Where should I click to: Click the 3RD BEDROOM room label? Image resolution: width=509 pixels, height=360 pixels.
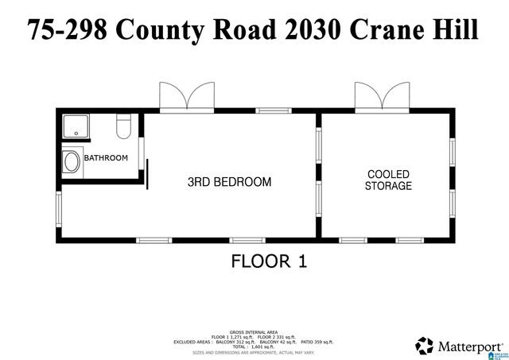[229, 182]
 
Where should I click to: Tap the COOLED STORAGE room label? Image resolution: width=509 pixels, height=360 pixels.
[388, 180]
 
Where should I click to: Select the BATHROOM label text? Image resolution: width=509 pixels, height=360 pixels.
[106, 157]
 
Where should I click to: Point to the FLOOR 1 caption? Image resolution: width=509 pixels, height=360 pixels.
[269, 261]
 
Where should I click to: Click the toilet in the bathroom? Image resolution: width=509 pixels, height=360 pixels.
[123, 126]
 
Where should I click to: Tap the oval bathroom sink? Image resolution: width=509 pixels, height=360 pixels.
[72, 163]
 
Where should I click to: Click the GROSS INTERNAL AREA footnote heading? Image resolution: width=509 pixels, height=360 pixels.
[254, 332]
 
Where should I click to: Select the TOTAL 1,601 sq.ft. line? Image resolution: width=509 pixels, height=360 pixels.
[254, 346]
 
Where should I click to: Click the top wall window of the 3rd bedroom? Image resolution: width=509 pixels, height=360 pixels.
[274, 110]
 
